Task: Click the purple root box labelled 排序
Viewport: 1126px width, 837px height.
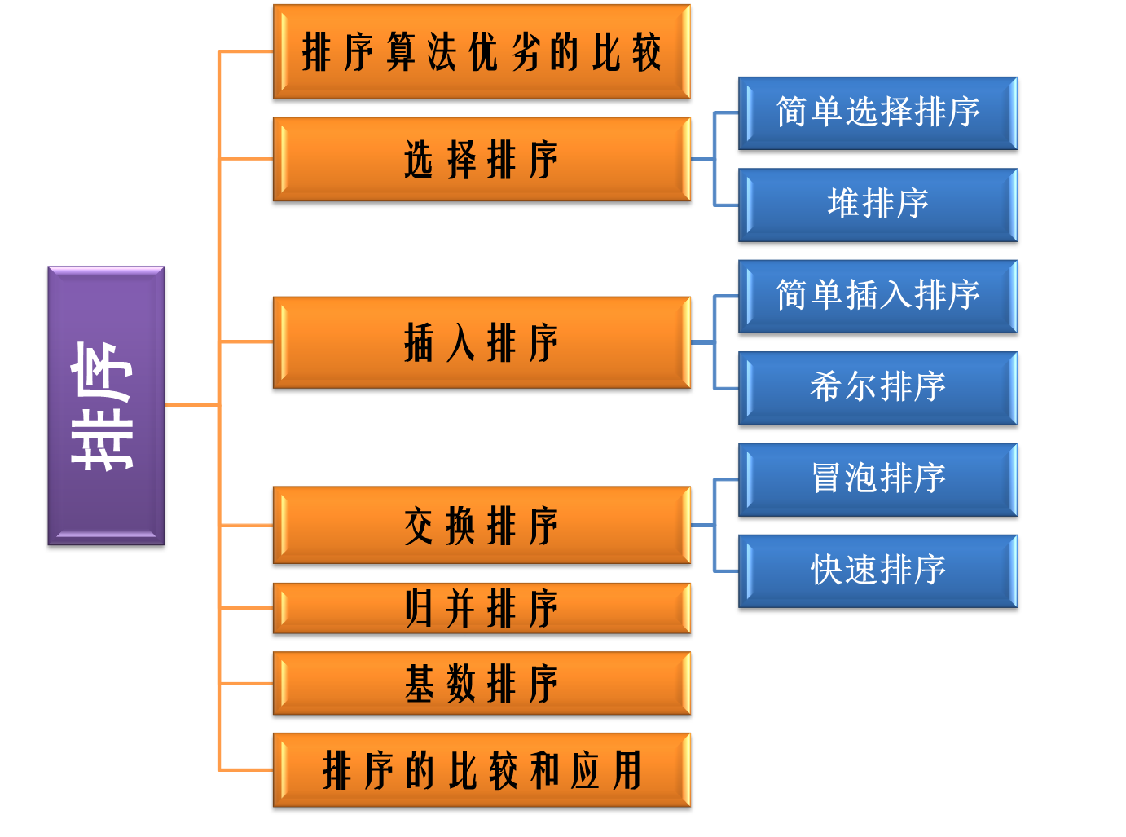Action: pyautogui.click(x=106, y=405)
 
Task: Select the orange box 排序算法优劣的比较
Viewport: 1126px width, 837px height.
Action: pyautogui.click(x=482, y=51)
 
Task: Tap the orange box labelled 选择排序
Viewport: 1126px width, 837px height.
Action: pyautogui.click(x=482, y=159)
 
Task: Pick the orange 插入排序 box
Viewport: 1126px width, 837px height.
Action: pyautogui.click(x=482, y=342)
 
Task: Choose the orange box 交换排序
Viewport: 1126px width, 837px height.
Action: pyautogui.click(x=482, y=525)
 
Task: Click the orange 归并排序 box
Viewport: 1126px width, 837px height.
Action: pyautogui.click(x=482, y=608)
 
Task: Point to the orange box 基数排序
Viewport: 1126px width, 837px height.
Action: pyautogui.click(x=482, y=683)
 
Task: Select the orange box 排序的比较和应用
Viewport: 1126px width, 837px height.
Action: pyautogui.click(x=482, y=769)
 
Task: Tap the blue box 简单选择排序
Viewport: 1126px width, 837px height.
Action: pyautogui.click(x=877, y=112)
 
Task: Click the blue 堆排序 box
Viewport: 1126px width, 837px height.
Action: pyautogui.click(x=877, y=205)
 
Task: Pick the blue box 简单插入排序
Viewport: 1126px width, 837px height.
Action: pyautogui.click(x=877, y=296)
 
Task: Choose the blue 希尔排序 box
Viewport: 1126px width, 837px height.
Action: pyautogui.click(x=877, y=388)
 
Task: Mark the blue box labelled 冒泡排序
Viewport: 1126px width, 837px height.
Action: pyautogui.click(x=877, y=479)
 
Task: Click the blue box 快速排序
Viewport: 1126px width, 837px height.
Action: pyautogui.click(x=877, y=570)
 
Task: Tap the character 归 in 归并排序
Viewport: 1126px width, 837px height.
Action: pyautogui.click(x=419, y=608)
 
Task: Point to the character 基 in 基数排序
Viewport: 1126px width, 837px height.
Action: pyautogui.click(x=419, y=683)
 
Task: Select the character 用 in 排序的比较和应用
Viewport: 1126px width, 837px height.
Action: pyautogui.click(x=627, y=769)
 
